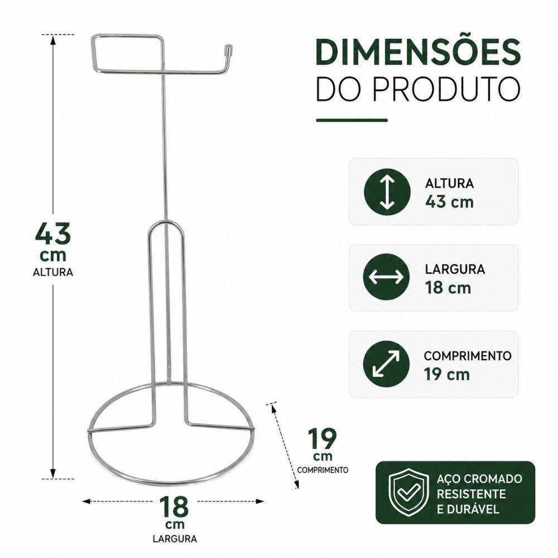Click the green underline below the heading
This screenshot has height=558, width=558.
pyautogui.click(x=352, y=121)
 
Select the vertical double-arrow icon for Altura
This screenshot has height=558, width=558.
pyautogui.click(x=387, y=192)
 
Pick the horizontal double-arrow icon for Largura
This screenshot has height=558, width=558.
pyautogui.click(x=386, y=277)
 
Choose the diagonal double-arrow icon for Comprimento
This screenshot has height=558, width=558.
pyautogui.click(x=386, y=364)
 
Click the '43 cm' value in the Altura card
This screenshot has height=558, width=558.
pyautogui.click(x=449, y=202)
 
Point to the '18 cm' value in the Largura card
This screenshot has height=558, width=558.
pyautogui.click(x=448, y=287)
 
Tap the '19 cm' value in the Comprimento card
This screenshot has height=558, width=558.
pyautogui.click(x=447, y=374)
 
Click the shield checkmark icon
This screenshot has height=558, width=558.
pyautogui.click(x=408, y=493)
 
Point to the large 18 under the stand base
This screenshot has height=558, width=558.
pyautogui.click(x=174, y=507)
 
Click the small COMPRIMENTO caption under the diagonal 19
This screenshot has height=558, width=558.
pyautogui.click(x=323, y=470)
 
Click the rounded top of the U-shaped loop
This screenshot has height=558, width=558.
pyautogui.click(x=166, y=222)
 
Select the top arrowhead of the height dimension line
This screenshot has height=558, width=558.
pyautogui.click(x=53, y=39)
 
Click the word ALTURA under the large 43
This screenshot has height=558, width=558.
pyautogui.click(x=53, y=272)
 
